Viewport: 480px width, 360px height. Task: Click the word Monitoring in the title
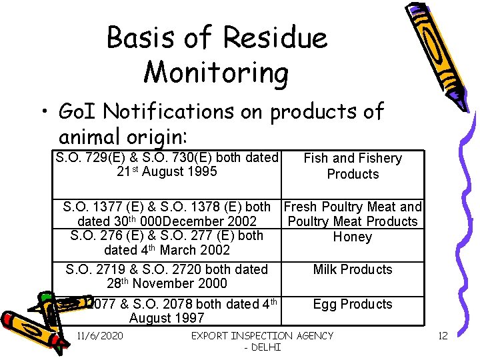[x=217, y=72]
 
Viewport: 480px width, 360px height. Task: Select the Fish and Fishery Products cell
[x=353, y=166]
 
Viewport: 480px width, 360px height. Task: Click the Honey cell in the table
[x=352, y=237]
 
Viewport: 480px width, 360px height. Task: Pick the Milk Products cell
[x=353, y=269]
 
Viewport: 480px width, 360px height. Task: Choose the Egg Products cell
[x=353, y=304]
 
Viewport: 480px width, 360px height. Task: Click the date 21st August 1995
[x=167, y=172]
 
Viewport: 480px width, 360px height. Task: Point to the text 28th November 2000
[x=166, y=283]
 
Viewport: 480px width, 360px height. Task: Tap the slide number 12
[x=443, y=335]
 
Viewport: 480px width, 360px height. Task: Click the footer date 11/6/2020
[x=100, y=335]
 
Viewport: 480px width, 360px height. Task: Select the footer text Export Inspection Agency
[x=262, y=335]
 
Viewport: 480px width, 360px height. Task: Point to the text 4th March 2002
[x=167, y=250]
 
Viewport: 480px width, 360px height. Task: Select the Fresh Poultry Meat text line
[x=353, y=207]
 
